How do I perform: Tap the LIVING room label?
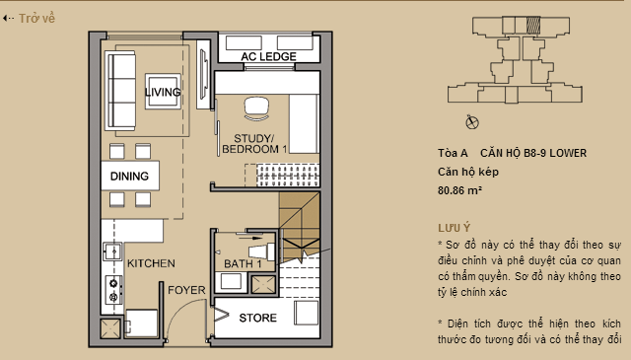point(163,93)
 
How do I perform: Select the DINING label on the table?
point(130,177)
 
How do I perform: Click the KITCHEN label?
point(150,263)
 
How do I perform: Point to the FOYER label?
point(184,290)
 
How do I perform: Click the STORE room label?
point(257,318)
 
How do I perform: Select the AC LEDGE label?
point(269,58)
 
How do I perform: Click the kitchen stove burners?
point(113,288)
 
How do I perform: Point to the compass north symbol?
point(471,121)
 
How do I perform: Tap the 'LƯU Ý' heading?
point(453,226)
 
